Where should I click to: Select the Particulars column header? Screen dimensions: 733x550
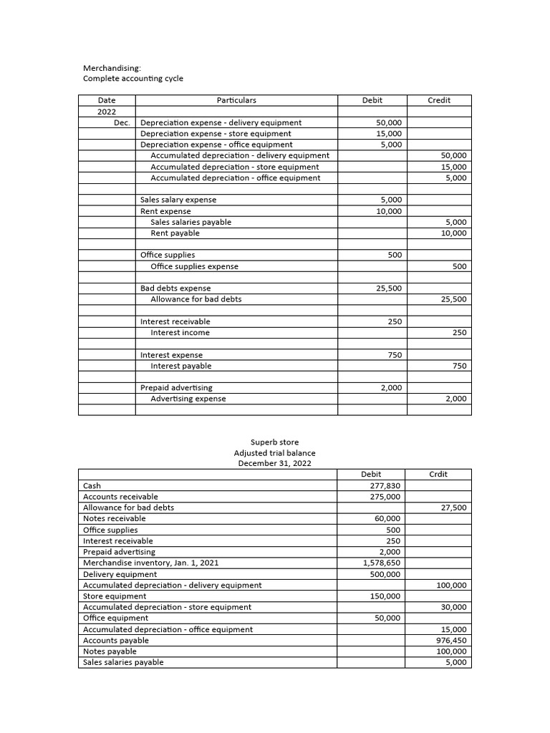tap(236, 100)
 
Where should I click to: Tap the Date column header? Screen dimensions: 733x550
tap(106, 100)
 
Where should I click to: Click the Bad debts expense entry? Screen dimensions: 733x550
tap(175, 288)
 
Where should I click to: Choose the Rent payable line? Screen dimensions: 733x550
tap(175, 233)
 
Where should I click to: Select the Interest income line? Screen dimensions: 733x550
tap(180, 333)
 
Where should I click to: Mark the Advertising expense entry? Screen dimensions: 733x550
tap(188, 399)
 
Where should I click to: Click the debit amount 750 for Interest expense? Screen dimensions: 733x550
tap(395, 355)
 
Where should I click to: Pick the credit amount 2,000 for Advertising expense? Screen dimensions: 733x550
tap(455, 399)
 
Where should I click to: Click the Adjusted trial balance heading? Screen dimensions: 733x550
tap(274, 453)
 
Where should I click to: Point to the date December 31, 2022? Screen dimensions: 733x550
tap(274, 464)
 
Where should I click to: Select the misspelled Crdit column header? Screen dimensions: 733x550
tap(438, 474)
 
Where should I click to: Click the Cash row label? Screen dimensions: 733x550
tap(92, 485)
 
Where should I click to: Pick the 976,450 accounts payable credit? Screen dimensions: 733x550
tap(451, 641)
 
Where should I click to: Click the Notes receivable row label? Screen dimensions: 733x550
tap(115, 518)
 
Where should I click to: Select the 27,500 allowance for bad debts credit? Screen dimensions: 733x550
tap(453, 508)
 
